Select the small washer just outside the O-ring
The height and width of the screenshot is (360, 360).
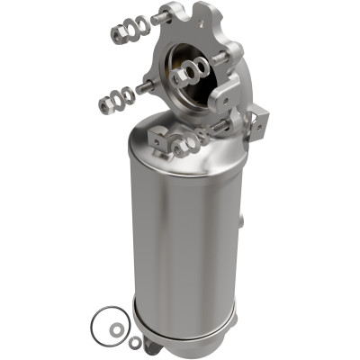[x=134, y=342]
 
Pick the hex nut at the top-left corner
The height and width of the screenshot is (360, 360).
[x=118, y=33]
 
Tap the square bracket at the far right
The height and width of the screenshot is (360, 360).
[x=260, y=117]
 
